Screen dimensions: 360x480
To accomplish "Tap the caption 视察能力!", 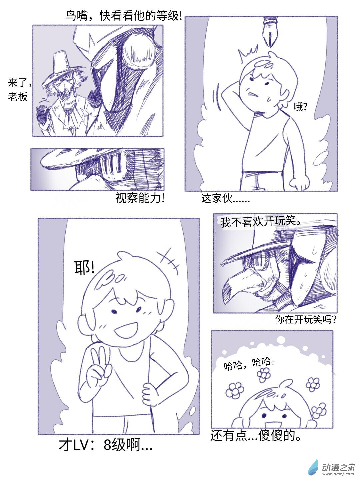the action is pos(140,198).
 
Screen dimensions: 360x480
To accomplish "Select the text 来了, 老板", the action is pos(19,90).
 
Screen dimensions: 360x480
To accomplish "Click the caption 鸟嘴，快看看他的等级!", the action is pos(124,16).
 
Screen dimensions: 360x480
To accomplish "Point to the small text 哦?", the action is pos(300,107).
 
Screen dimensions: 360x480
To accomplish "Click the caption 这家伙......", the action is pos(225,199).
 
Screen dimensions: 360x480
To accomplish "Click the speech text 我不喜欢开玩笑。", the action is pos(260,222).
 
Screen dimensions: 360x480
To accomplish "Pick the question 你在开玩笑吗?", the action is pos(306,319).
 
